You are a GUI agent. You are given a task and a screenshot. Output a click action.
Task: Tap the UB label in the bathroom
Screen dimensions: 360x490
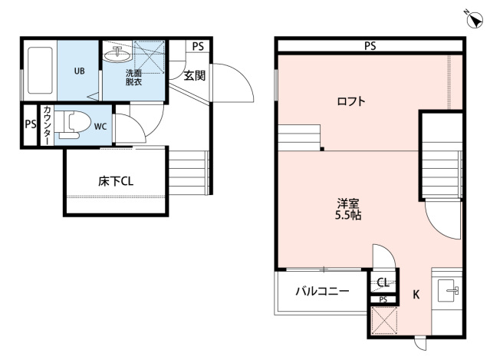click(79, 71)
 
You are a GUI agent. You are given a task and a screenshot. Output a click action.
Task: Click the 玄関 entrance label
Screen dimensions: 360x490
click(195, 75)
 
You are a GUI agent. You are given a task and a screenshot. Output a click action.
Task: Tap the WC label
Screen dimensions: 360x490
click(100, 127)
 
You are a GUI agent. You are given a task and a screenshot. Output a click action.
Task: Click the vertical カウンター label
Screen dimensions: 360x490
click(47, 125)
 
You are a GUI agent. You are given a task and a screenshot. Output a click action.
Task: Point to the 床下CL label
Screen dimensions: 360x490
click(117, 182)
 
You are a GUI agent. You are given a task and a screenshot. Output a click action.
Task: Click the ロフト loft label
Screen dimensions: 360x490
click(351, 101)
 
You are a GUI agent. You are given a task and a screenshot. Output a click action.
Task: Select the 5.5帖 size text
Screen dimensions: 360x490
click(350, 216)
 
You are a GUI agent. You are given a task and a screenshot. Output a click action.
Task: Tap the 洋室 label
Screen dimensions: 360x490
click(349, 203)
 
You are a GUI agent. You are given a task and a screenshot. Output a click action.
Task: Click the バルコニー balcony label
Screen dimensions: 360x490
click(323, 292)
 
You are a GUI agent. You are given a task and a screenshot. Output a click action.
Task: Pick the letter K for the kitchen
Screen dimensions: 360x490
click(416, 294)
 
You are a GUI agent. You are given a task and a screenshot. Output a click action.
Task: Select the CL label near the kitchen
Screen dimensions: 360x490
click(383, 282)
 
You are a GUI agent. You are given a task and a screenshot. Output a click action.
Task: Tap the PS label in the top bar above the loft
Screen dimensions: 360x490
click(370, 46)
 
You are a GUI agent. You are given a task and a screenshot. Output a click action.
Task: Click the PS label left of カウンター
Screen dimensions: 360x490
click(30, 125)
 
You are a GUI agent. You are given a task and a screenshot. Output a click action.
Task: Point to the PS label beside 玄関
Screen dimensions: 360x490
click(198, 46)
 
